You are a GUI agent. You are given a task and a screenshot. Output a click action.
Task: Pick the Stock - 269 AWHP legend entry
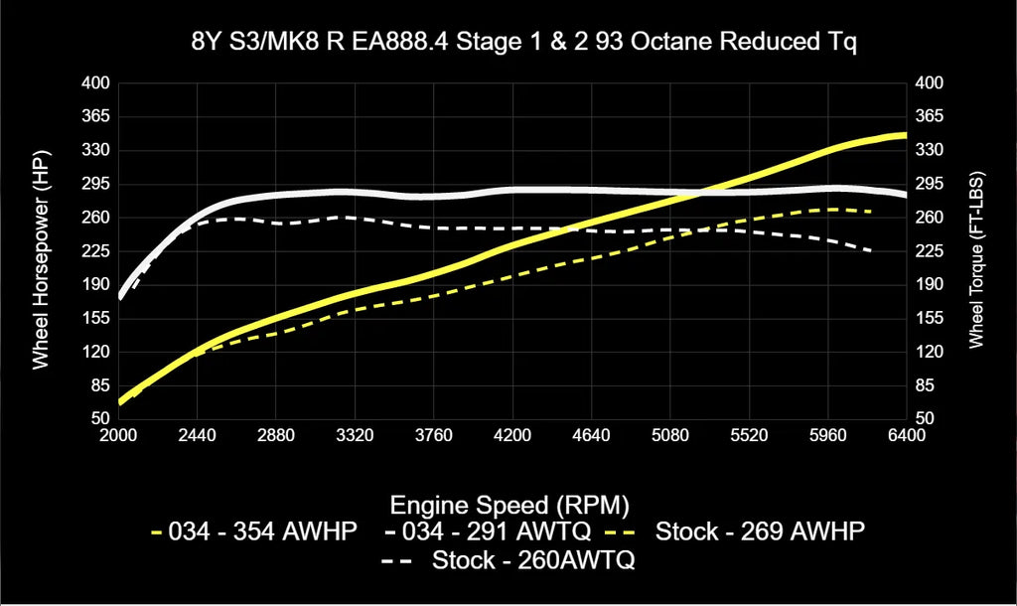(745, 531)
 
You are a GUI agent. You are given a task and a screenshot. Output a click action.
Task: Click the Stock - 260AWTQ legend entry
(508, 561)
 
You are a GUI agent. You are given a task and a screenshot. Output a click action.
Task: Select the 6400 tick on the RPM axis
(906, 435)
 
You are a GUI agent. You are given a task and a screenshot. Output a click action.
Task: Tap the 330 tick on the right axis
(929, 150)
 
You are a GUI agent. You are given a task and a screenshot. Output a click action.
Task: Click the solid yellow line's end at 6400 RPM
(905, 134)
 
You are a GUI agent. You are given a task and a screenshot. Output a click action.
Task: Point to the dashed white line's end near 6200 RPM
(872, 250)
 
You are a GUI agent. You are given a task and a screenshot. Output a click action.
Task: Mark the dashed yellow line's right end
(872, 212)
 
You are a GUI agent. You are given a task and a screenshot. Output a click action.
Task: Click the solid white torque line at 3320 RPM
(355, 192)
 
